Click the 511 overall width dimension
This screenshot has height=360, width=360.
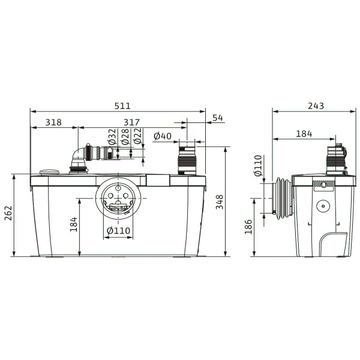point(122,106)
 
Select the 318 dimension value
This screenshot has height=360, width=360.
point(53,122)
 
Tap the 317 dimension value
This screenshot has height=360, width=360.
point(131,122)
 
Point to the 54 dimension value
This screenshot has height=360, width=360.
point(218,118)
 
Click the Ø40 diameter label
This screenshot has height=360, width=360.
point(163,136)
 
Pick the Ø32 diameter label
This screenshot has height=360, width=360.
point(112,136)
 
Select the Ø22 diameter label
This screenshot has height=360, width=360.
point(138,136)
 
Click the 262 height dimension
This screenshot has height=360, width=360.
point(9,213)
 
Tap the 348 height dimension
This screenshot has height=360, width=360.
point(220,202)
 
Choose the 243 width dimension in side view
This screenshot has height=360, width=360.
point(316,106)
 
